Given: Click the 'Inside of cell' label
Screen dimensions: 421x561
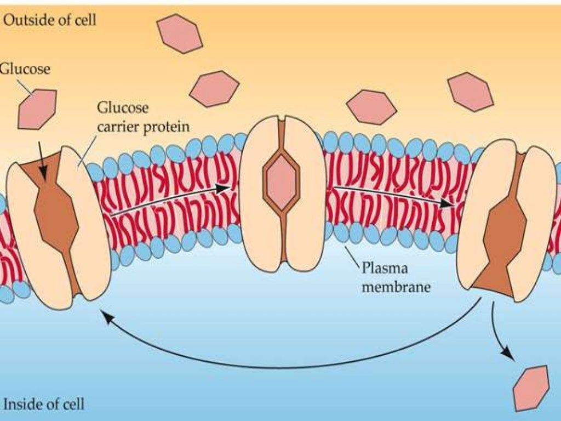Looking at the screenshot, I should (x=44, y=405).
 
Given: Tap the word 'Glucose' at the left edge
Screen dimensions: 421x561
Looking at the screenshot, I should (x=25, y=69).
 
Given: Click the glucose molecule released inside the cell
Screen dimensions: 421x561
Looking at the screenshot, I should (x=531, y=388).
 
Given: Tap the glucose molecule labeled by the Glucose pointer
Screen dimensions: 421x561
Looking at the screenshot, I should (x=37, y=109).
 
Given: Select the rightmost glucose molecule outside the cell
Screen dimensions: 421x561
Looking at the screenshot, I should (x=470, y=92).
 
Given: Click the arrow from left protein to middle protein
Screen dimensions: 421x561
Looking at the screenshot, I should (x=170, y=200).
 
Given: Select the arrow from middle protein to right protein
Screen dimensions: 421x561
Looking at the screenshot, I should (x=394, y=196).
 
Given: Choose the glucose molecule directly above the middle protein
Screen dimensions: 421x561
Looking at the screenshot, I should (x=214, y=88).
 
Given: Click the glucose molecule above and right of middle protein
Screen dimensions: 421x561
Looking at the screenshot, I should (x=371, y=106).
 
